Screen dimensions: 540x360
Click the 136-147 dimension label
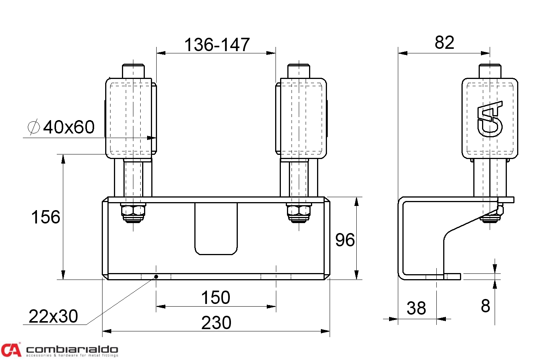pos(217,45)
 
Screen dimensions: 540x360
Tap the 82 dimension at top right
pos(444,43)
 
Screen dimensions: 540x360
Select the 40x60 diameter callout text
pos(69,127)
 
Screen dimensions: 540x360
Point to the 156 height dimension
pos(46,217)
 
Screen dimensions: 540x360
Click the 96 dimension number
pos(345,240)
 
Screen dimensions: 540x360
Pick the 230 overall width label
pos(216,323)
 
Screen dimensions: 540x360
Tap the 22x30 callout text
pos(53,316)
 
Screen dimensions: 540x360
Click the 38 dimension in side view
pos(416,308)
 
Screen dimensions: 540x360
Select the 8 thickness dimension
pos(486,306)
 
